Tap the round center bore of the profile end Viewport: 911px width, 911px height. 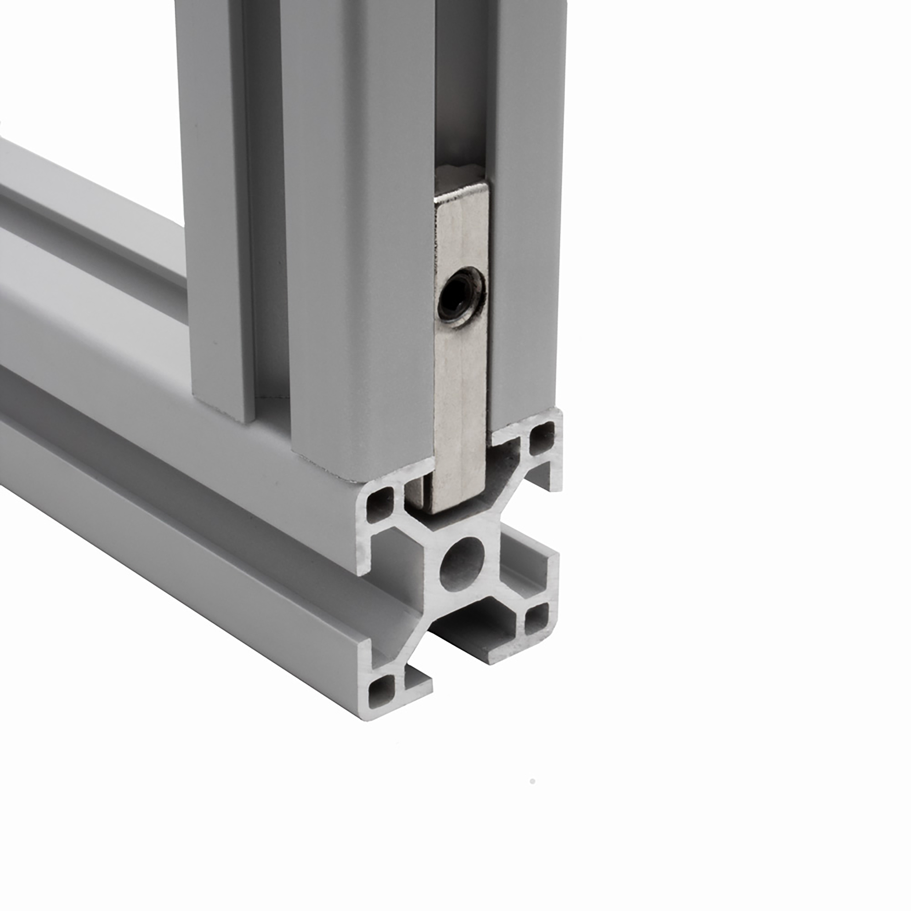[x=462, y=564]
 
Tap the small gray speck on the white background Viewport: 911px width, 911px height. [x=532, y=782]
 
